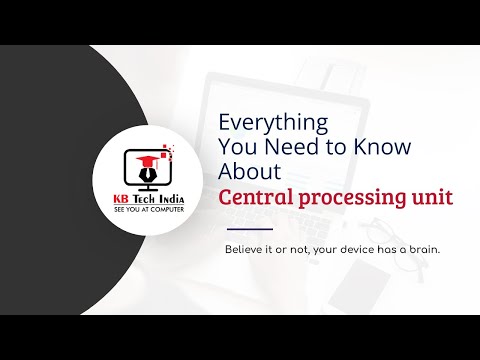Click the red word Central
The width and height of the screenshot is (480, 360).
point(255,195)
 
